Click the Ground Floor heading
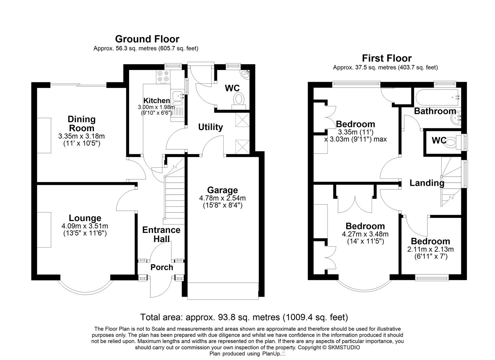[x=147, y=39]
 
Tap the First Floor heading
[x=387, y=58]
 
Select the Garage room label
[x=222, y=190]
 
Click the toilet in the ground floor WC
[x=239, y=99]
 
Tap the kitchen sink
[x=177, y=96]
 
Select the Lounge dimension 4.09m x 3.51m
[x=85, y=226]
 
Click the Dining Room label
[x=82, y=123]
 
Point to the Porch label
[x=162, y=267]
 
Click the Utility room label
[x=210, y=127]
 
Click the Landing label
[x=427, y=183]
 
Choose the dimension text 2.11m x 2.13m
[x=430, y=249]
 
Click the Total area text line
[x=244, y=317]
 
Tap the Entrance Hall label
[x=161, y=234]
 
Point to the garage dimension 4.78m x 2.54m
[x=222, y=198]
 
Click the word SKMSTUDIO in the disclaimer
[x=344, y=347]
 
